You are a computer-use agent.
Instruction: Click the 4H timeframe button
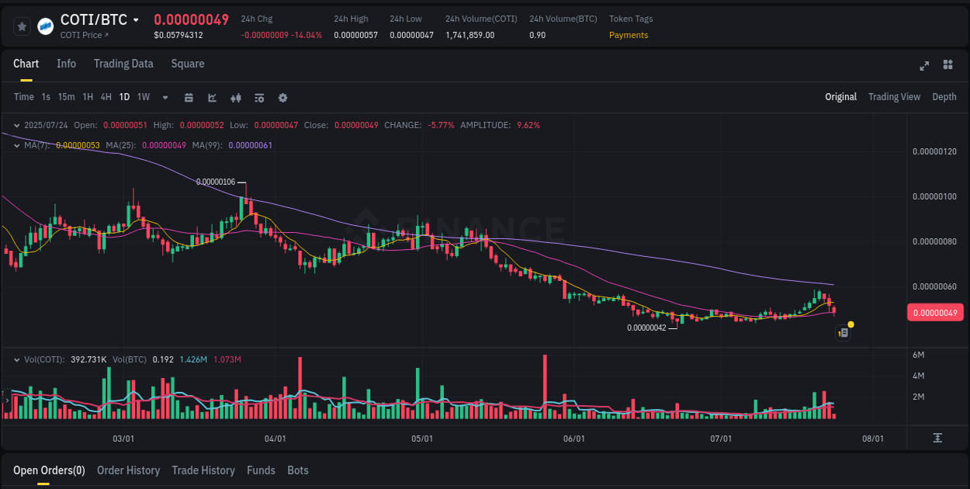[106, 97]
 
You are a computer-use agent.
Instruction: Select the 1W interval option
[144, 97]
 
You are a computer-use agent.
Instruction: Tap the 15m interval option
[67, 97]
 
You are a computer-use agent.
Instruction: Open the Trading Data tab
[123, 64]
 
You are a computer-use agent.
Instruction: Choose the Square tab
[188, 64]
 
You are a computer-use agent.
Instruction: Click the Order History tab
[128, 470]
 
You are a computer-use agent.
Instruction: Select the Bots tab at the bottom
[298, 470]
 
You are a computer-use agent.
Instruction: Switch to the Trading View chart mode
[894, 97]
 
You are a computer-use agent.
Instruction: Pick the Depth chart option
[944, 97]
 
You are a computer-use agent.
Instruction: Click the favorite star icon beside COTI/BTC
[23, 26]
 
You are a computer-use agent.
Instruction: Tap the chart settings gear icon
[282, 98]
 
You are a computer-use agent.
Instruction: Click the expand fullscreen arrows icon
[924, 65]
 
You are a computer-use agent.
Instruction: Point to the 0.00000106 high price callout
[216, 182]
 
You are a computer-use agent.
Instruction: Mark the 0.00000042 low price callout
[646, 328]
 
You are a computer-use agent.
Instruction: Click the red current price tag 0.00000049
[935, 313]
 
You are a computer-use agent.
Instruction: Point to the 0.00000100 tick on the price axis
[934, 196]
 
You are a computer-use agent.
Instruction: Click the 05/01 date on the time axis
[421, 439]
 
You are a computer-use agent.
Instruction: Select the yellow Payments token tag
[629, 35]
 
